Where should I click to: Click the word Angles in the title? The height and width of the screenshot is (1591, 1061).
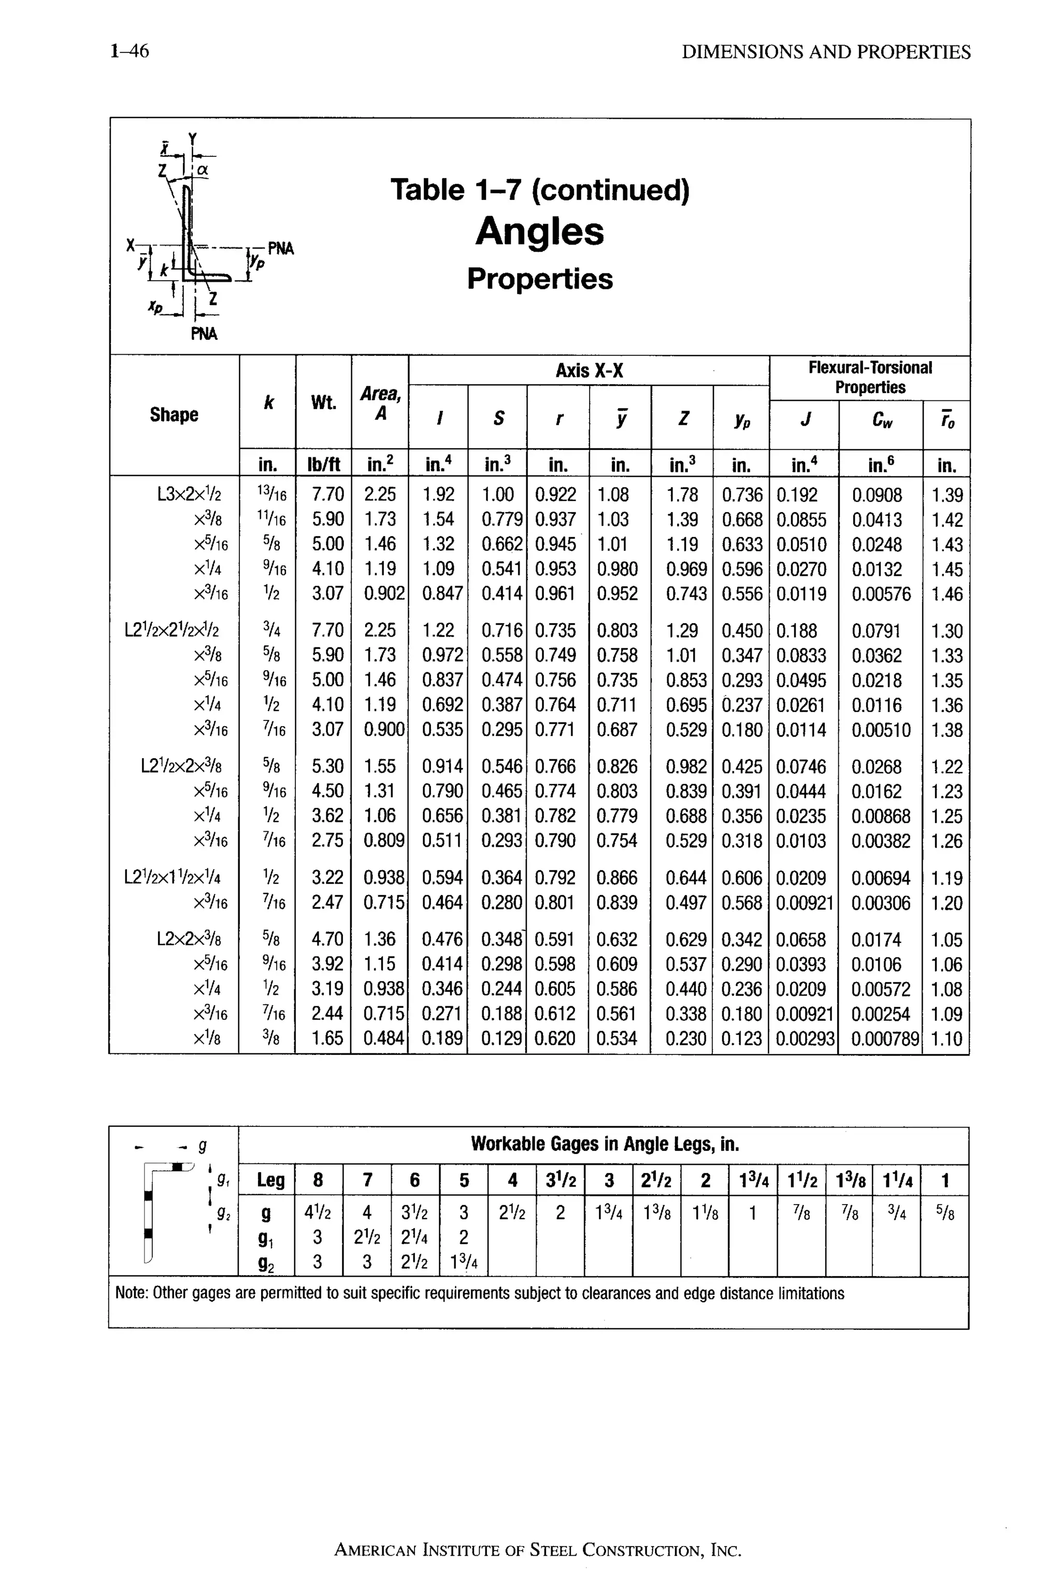[539, 232]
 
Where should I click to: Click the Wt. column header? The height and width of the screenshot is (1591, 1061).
[323, 403]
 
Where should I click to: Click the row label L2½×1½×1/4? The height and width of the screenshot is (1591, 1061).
[172, 878]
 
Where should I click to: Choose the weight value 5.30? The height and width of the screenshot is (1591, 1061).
[327, 767]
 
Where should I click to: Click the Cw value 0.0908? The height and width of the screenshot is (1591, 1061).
[877, 495]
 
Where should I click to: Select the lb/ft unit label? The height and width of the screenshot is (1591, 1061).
[323, 465]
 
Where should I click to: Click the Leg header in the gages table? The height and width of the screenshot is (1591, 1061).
[270, 1180]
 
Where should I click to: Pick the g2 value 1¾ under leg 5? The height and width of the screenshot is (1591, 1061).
[464, 1262]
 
